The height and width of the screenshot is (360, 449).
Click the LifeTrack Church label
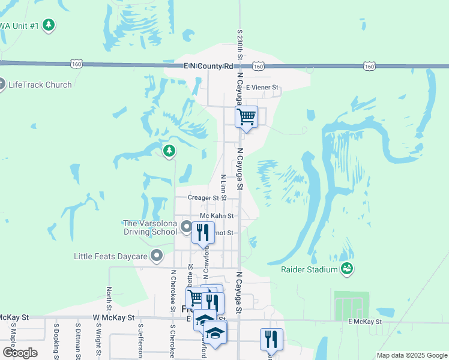click(x=40, y=85)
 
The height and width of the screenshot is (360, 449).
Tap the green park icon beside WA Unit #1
click(x=49, y=25)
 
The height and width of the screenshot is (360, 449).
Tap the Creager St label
click(x=203, y=197)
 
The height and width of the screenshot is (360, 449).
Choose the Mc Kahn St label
click(x=216, y=215)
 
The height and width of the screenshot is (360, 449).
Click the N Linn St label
click(x=223, y=187)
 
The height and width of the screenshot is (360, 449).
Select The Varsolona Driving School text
click(x=150, y=227)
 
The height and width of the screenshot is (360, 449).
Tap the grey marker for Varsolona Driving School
click(x=186, y=227)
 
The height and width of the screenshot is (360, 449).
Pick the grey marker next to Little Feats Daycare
click(x=157, y=256)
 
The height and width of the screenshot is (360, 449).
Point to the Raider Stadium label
click(x=309, y=269)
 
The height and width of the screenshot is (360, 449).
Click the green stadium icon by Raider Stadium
click(x=346, y=269)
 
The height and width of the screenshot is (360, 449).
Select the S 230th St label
click(x=240, y=46)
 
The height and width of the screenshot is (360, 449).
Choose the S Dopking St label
click(x=56, y=342)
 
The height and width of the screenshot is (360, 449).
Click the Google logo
click(x=19, y=353)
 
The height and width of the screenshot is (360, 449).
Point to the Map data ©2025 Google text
click(x=412, y=355)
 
